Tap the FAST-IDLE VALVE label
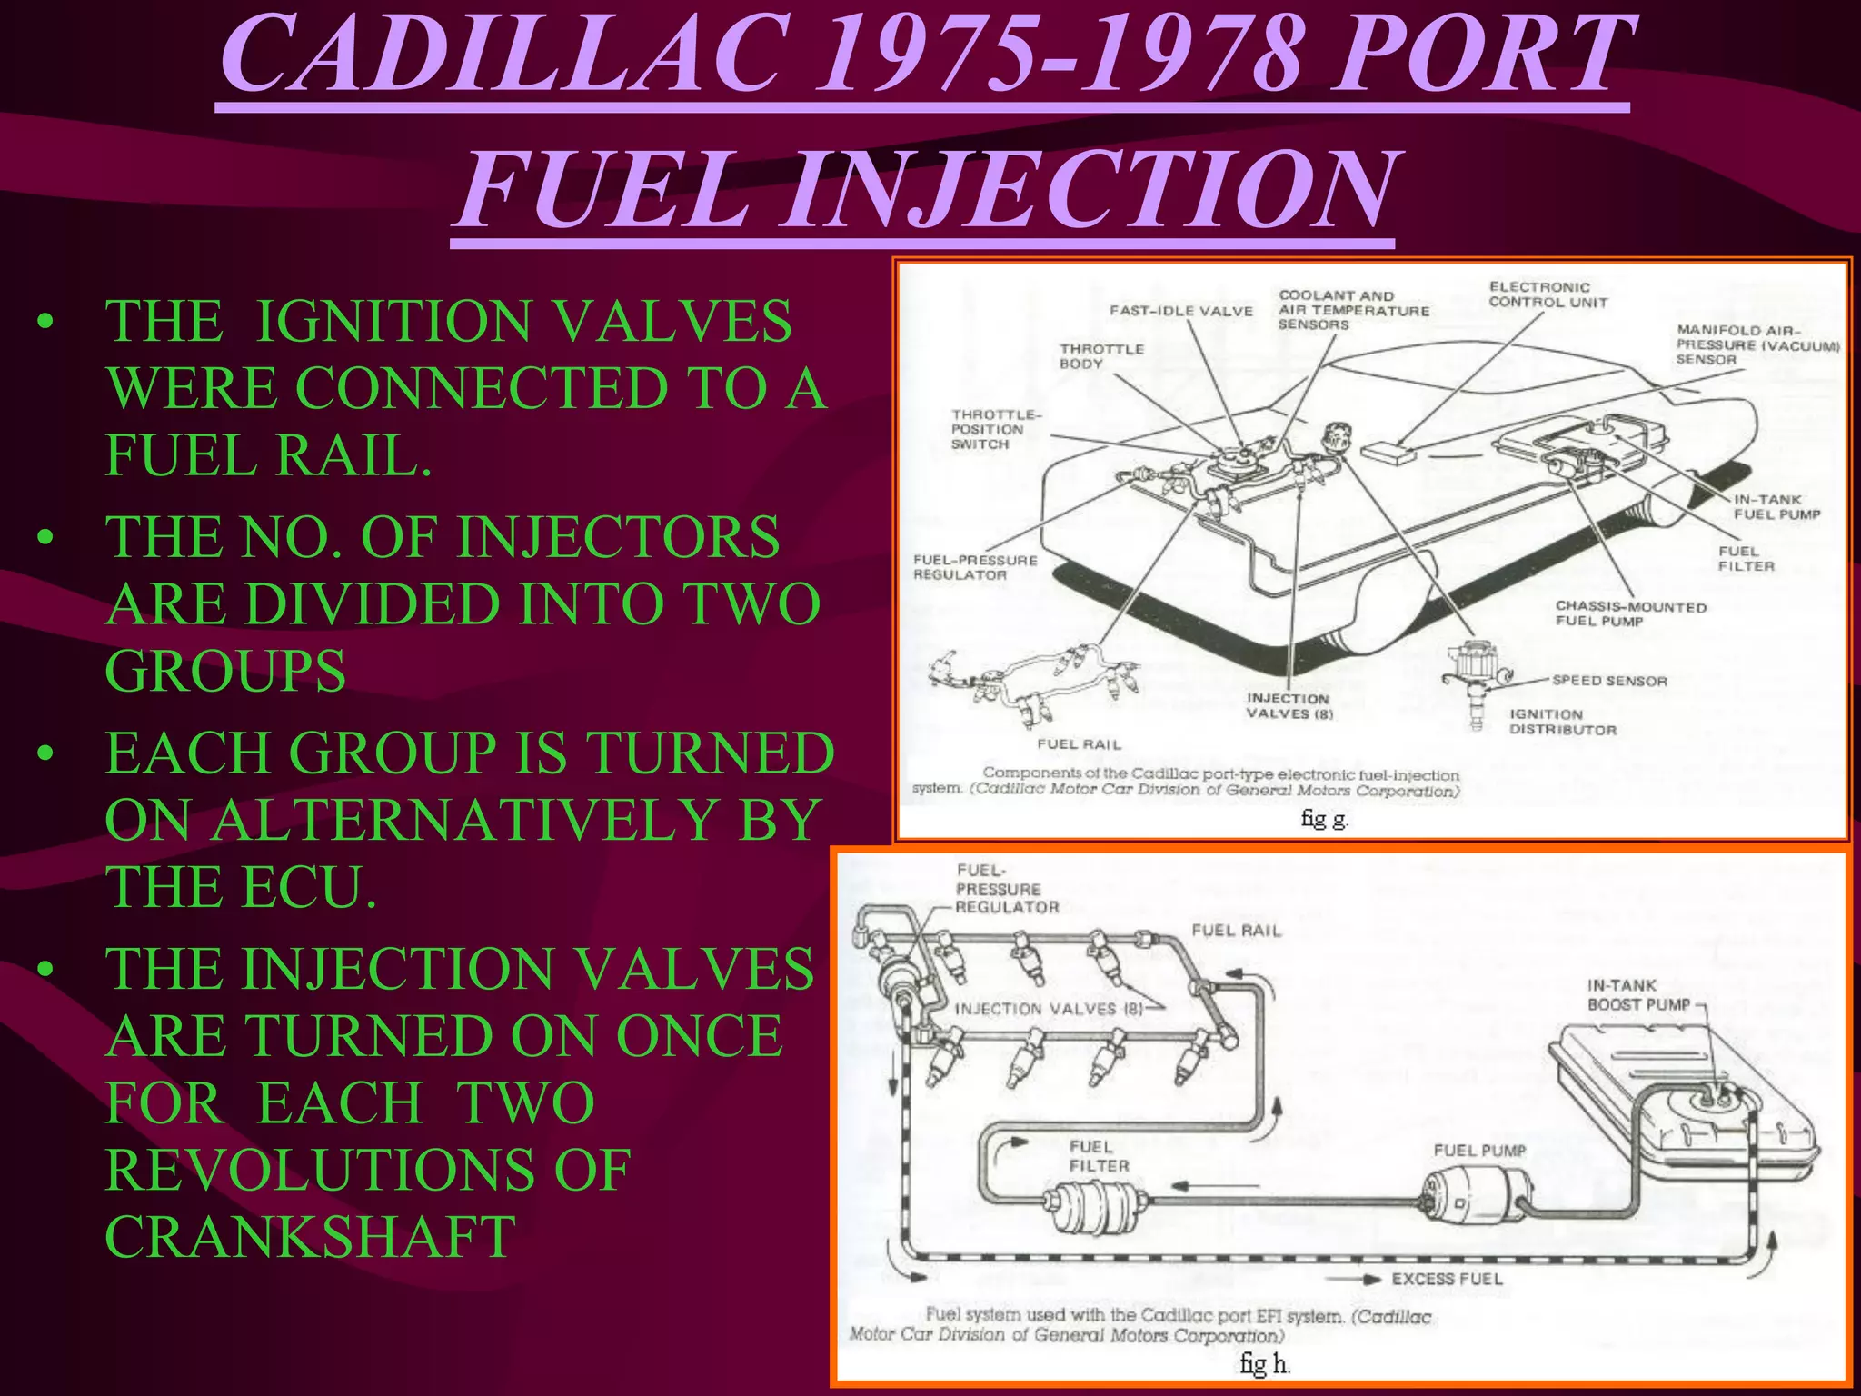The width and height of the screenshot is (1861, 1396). [x=1180, y=311]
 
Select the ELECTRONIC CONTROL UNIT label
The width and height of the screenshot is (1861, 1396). [x=1548, y=294]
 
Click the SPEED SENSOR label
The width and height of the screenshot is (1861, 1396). [x=1609, y=681]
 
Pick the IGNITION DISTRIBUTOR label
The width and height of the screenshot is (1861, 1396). [x=1563, y=723]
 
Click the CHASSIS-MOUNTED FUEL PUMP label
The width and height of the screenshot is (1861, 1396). [x=1630, y=613]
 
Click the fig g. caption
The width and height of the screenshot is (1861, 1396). [x=1324, y=819]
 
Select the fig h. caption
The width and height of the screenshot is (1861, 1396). [x=1265, y=1363]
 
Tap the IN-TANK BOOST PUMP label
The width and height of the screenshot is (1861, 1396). [x=1638, y=995]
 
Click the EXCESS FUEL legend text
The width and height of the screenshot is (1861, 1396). [x=1447, y=1279]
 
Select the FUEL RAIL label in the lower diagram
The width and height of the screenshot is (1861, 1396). [x=1236, y=931]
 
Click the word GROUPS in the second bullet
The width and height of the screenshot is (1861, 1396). [x=225, y=671]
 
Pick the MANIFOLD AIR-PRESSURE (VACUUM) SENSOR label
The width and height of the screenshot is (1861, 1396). [x=1757, y=345]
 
